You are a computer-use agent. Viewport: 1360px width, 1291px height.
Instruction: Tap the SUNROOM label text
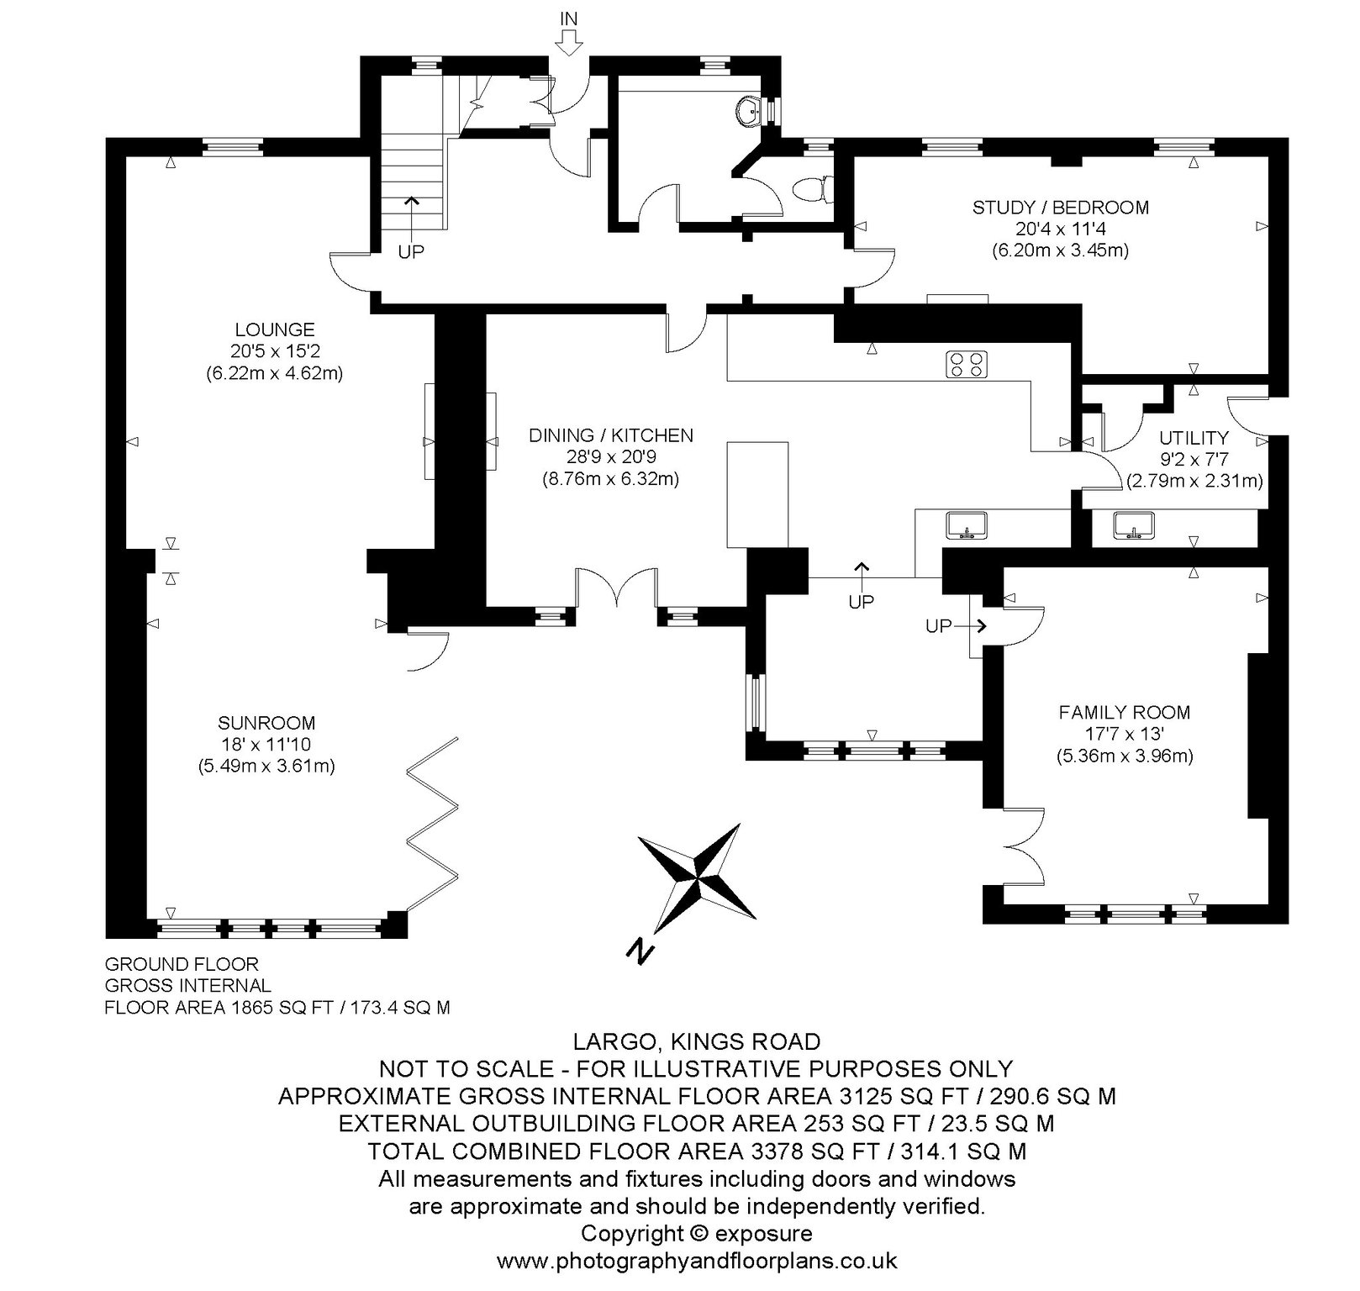tap(266, 723)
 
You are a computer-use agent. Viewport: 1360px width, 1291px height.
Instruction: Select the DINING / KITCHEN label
tap(611, 435)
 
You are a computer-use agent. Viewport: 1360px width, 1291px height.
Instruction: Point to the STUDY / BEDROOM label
tap(1061, 207)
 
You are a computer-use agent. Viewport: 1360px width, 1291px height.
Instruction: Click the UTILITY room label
tap(1194, 438)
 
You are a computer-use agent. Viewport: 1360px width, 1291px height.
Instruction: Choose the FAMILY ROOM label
tap(1125, 713)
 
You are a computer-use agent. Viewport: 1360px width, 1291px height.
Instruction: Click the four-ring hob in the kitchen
tap(967, 364)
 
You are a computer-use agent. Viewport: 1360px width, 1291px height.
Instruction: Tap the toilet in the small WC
tap(813, 188)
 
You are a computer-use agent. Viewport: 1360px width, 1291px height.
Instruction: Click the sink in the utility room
tap(1135, 525)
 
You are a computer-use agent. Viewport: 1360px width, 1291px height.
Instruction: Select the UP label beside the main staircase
tap(411, 251)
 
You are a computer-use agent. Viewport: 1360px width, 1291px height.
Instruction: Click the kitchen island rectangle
tap(757, 495)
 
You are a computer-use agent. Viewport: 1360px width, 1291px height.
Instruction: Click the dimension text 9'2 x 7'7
tap(1194, 460)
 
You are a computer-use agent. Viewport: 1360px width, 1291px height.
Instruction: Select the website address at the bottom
tap(697, 1261)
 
